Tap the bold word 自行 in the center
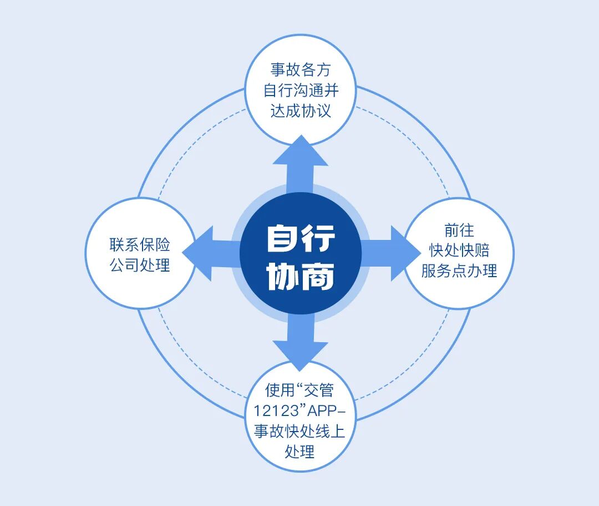[301, 238]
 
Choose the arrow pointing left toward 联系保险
[208, 253]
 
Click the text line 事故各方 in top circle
[300, 70]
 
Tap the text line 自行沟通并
[300, 90]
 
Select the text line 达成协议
[300, 110]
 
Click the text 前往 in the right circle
[459, 230]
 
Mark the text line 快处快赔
[459, 250]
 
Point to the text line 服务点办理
[459, 270]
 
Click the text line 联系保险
[140, 244]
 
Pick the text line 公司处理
[140, 265]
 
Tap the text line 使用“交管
[300, 390]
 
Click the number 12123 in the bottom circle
[276, 411]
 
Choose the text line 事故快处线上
[300, 432]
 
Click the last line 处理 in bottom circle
[300, 452]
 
